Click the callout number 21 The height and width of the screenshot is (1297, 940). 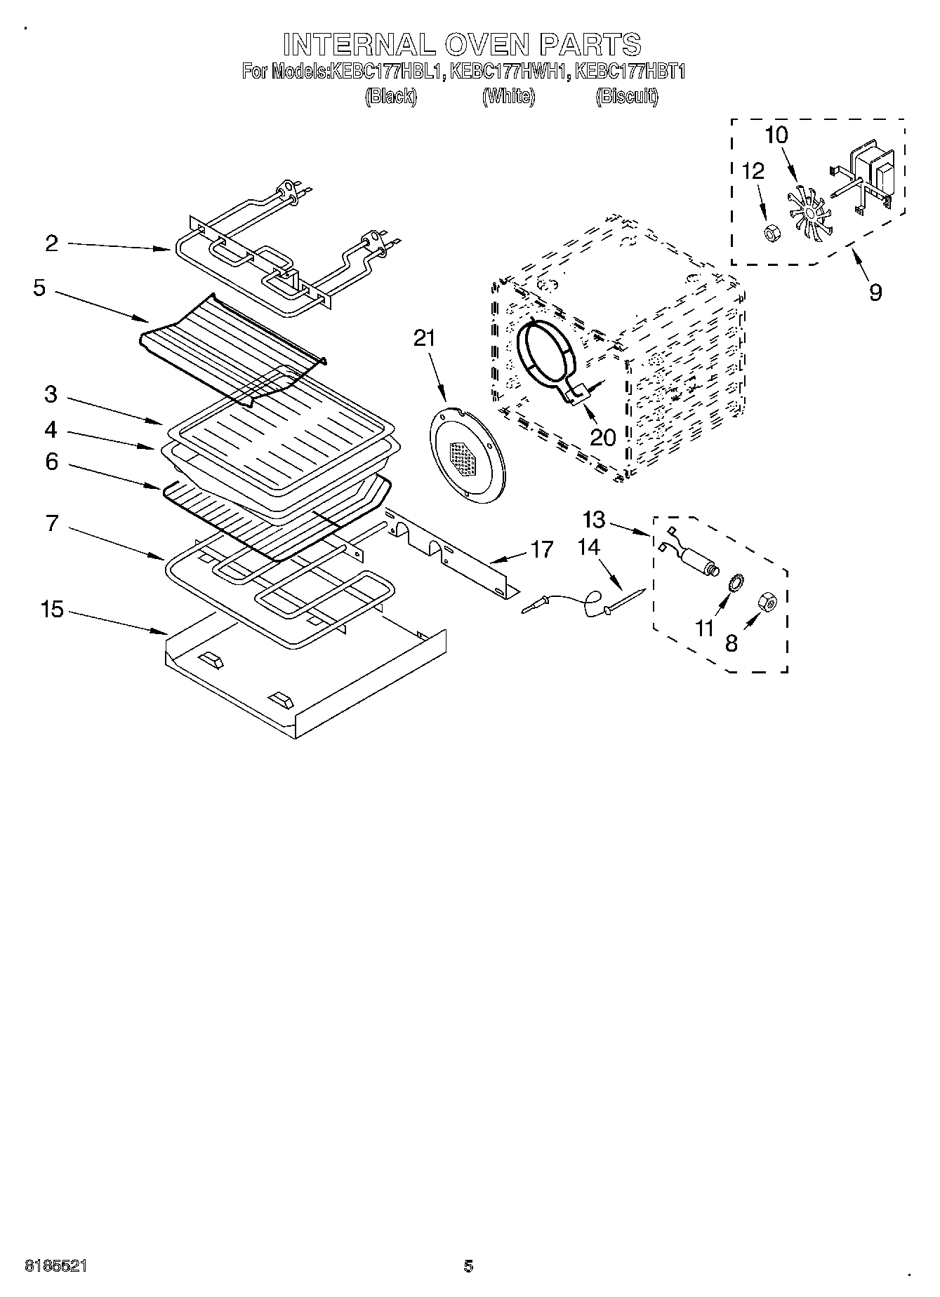[x=424, y=339]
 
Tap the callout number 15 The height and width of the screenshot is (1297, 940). [x=52, y=609]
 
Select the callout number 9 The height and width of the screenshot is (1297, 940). [x=875, y=292]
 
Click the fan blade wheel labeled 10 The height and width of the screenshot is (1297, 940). [x=810, y=211]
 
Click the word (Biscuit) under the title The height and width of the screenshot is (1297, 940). [x=627, y=97]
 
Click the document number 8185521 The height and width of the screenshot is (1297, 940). [x=56, y=1266]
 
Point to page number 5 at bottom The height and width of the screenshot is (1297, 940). [x=468, y=1266]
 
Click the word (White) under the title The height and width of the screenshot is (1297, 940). [x=508, y=97]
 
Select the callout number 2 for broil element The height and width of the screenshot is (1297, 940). [x=51, y=243]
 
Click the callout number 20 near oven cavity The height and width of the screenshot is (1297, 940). [x=602, y=437]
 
